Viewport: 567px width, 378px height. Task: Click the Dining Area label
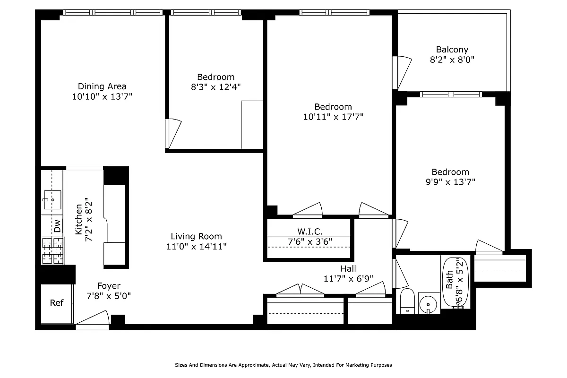(102, 86)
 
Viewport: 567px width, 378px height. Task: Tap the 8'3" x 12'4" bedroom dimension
(215, 87)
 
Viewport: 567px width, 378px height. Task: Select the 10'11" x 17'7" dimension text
(333, 117)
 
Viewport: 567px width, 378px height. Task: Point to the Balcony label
(452, 50)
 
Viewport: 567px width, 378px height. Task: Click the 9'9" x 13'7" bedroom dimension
(450, 182)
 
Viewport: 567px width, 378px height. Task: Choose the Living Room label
(196, 236)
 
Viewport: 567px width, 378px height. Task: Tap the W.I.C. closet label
(309, 232)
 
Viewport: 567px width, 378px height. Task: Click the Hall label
(348, 268)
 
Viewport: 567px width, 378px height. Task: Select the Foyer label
(109, 286)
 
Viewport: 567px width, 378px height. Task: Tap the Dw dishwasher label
(57, 226)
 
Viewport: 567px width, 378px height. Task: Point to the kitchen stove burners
(52, 250)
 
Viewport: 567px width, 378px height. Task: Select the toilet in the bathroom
(407, 301)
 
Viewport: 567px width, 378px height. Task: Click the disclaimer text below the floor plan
(283, 365)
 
